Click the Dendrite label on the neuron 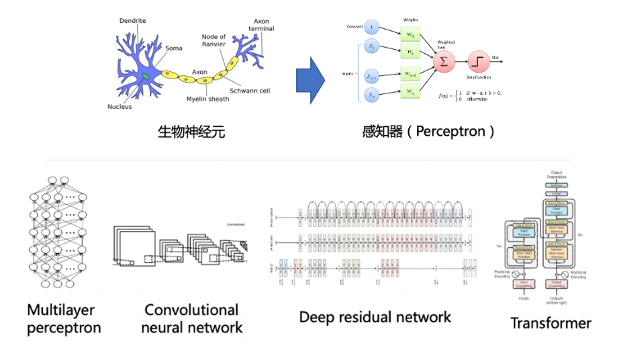tap(133, 21)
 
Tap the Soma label tap(173, 48)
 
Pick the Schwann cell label tap(250, 91)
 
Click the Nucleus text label tap(120, 107)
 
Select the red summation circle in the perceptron tap(443, 62)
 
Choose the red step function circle tap(479, 62)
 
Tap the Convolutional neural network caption tap(193, 319)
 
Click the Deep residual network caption tap(375, 317)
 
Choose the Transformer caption tap(551, 323)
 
